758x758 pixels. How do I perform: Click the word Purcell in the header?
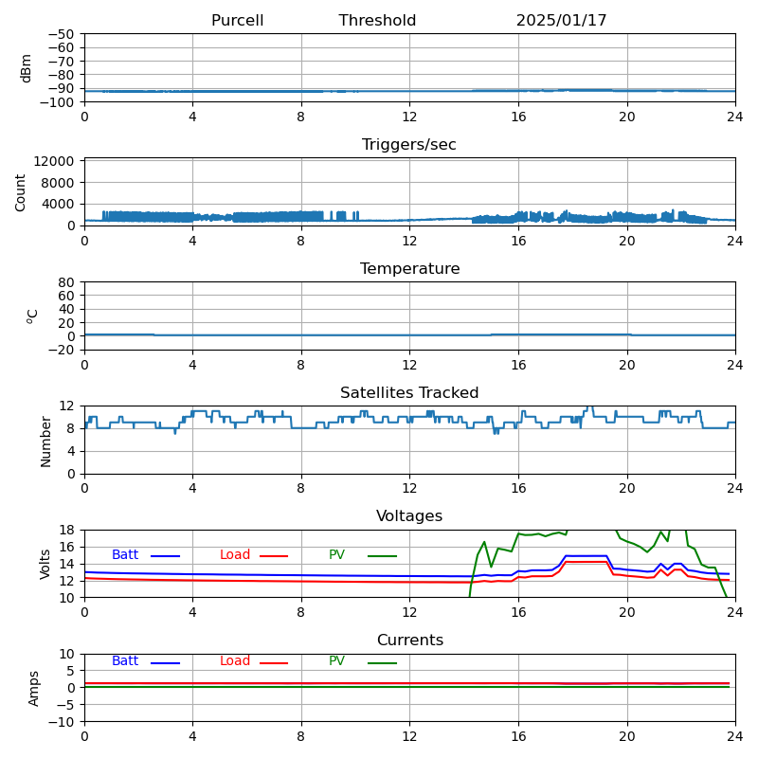tap(237, 21)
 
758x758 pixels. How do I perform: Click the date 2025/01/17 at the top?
tap(561, 21)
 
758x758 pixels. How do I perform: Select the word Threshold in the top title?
tap(377, 21)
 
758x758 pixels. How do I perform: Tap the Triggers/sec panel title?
tap(409, 145)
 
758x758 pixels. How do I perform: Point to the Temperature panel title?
tap(409, 269)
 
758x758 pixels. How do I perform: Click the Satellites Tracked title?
tap(409, 393)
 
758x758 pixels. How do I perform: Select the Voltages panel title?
tap(409, 516)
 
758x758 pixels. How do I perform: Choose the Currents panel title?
tap(409, 641)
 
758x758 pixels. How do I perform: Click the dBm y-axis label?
tap(27, 68)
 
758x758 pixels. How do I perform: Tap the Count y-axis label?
tap(21, 191)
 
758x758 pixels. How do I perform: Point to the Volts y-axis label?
tap(45, 564)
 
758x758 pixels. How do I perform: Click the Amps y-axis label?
tap(34, 688)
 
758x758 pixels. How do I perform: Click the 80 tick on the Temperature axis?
tap(66, 282)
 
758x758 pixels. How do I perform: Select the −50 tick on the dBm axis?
tap(60, 34)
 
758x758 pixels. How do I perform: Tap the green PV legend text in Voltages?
tap(337, 555)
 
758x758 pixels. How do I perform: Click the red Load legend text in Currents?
tap(235, 661)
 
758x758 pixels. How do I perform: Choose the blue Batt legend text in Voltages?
tap(125, 555)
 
